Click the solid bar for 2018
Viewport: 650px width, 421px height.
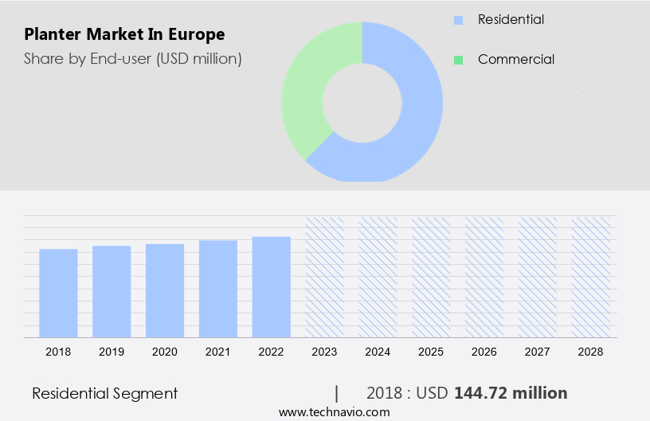click(58, 293)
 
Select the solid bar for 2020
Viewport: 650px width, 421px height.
click(165, 290)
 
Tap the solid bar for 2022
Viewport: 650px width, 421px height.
click(272, 286)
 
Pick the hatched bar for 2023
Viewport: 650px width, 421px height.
click(325, 277)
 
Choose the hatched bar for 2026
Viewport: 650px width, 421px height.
click(484, 277)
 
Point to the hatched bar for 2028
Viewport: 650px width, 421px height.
click(591, 277)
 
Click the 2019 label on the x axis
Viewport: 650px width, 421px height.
click(112, 352)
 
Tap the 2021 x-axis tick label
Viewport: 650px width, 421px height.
click(218, 352)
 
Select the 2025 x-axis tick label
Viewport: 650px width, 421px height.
click(431, 352)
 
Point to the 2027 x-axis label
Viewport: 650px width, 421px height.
click(538, 352)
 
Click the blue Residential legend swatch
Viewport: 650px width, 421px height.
click(457, 19)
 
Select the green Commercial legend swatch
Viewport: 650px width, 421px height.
click(457, 59)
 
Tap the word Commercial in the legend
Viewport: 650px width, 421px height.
click(515, 59)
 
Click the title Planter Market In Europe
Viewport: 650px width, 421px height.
click(124, 34)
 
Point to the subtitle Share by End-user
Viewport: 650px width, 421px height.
click(132, 58)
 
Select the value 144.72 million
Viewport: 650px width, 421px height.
click(511, 393)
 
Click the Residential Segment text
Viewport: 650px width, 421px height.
click(104, 393)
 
